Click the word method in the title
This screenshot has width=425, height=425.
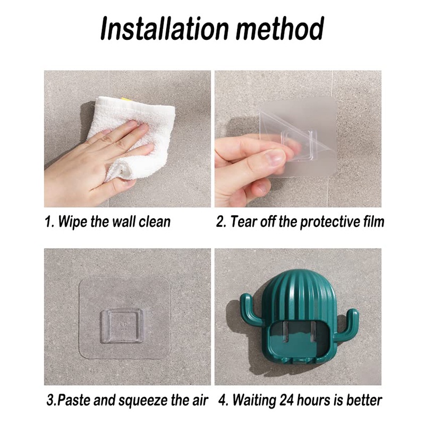tap(280, 28)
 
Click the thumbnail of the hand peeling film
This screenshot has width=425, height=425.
tap(298, 139)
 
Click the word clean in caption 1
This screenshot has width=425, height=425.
tap(155, 222)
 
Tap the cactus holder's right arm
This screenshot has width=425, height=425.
tap(349, 321)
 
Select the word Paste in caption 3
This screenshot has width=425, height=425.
tap(74, 400)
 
